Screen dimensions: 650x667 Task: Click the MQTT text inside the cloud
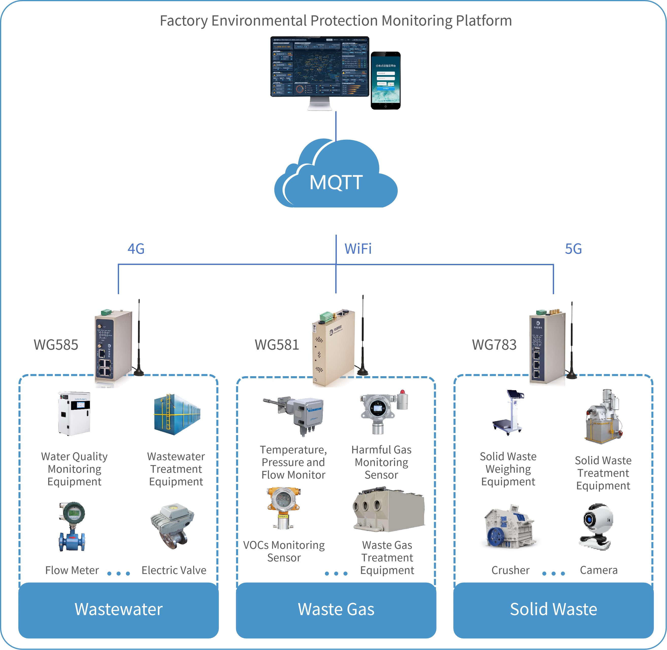[x=336, y=182]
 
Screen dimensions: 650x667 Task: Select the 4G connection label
[x=136, y=249]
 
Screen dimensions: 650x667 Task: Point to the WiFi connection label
[x=358, y=249]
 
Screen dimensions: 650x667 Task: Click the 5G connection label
[x=573, y=249]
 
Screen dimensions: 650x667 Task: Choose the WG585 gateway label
[x=56, y=345]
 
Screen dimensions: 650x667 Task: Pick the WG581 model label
[x=277, y=345]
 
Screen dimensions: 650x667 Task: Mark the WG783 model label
[x=494, y=345]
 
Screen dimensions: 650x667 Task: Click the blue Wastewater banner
[x=118, y=609]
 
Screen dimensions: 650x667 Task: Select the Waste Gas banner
[x=336, y=609]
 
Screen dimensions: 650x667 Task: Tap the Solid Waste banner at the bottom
[x=553, y=609]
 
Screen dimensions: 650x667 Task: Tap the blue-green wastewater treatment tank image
[x=177, y=415]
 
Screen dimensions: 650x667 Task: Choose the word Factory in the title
[x=184, y=21]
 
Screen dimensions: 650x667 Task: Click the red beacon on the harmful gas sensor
[x=403, y=392]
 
